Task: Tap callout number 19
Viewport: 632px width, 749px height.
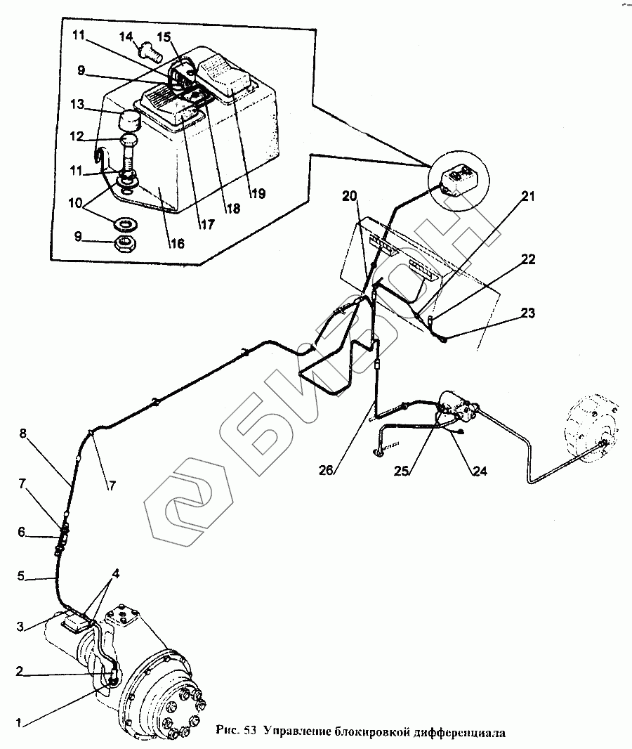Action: tap(258, 194)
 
